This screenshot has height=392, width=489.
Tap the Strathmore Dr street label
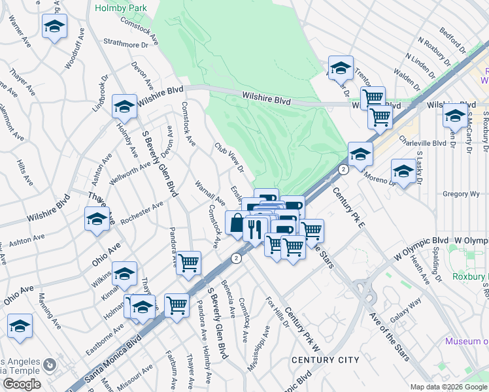pyautogui.click(x=126, y=44)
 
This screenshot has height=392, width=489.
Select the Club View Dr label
pyautogui.click(x=229, y=158)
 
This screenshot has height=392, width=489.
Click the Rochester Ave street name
pyautogui.click(x=143, y=214)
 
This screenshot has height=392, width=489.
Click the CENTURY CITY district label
pyautogui.click(x=325, y=360)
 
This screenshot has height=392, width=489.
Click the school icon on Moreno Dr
pyautogui.click(x=403, y=172)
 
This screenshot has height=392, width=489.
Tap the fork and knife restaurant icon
pyautogui.click(x=254, y=229)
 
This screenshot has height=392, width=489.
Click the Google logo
pyautogui.click(x=21, y=385)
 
